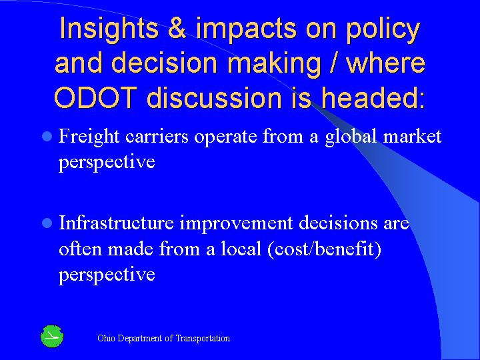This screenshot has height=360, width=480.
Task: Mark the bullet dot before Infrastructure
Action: [x=47, y=223]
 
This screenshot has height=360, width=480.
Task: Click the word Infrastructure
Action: [x=117, y=223]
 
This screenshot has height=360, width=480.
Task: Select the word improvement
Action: [x=237, y=225]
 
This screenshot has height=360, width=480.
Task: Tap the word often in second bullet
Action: [x=77, y=249]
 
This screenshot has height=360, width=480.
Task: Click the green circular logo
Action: [x=51, y=337]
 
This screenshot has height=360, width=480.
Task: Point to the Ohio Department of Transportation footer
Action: [x=163, y=338]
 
